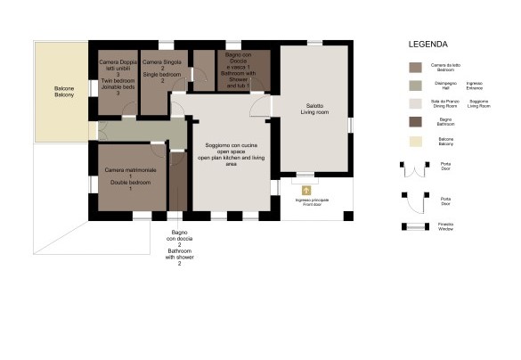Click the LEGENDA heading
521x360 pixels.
[x=427, y=44]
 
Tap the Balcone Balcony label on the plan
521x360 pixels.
[x=61, y=91]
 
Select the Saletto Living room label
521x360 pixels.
[x=314, y=109]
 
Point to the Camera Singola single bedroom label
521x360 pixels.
[x=163, y=70]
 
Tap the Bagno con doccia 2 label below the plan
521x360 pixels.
[x=179, y=247]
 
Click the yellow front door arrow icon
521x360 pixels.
[x=305, y=190]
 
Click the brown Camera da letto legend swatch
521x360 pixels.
[x=414, y=67]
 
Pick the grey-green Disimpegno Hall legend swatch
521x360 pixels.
[x=414, y=86]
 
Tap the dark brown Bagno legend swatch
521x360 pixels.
[x=414, y=122]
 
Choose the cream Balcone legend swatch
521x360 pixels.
[x=414, y=141]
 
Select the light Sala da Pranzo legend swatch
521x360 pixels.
[x=414, y=103]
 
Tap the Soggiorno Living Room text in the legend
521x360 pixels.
[x=478, y=103]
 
